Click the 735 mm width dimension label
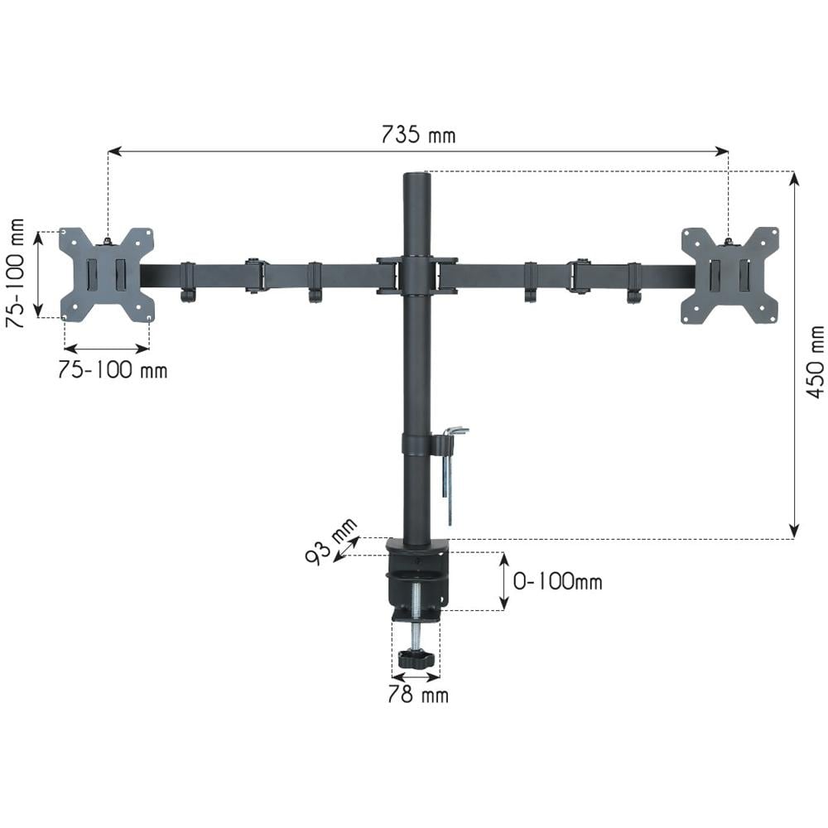click(418, 135)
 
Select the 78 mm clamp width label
click(418, 695)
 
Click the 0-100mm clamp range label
click(557, 581)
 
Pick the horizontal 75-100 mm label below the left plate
click(113, 370)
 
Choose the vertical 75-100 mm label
click(15, 273)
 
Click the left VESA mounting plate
click(107, 275)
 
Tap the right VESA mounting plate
click(730, 275)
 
